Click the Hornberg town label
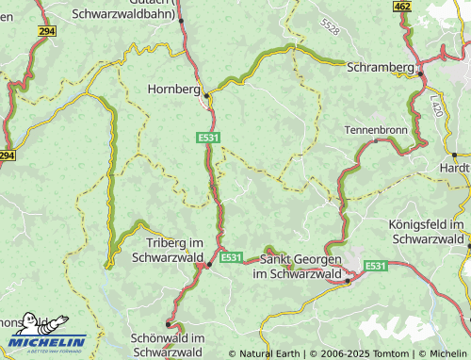[x=173, y=90]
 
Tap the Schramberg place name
[x=381, y=68]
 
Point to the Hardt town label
[x=454, y=167]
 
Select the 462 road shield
[x=403, y=7]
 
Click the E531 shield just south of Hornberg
[x=209, y=138]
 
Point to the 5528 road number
[x=329, y=27]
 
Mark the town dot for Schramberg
[x=421, y=74]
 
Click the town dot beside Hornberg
[x=208, y=93]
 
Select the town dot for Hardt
[x=454, y=154]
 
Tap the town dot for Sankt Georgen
[x=348, y=280]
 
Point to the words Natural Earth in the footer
[x=270, y=353]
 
